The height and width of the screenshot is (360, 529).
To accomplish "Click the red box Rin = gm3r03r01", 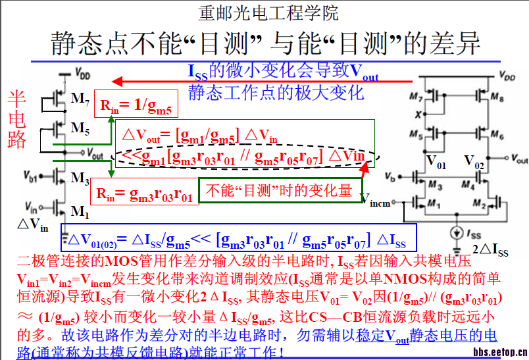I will point(143,193).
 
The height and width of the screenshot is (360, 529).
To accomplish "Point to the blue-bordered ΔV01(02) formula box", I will point(238,238).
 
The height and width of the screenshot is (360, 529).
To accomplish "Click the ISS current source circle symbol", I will point(453,232).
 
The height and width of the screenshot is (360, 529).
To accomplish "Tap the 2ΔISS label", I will point(490,250).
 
